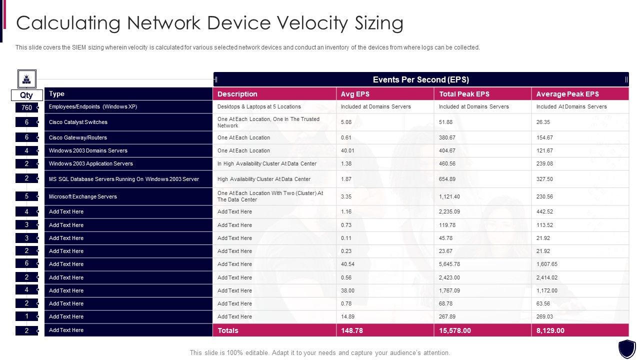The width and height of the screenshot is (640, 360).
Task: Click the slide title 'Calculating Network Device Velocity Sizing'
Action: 210,23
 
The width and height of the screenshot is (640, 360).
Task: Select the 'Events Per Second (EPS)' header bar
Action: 420,79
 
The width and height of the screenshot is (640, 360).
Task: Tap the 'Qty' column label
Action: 26,95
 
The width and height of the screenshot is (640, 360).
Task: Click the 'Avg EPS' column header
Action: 355,94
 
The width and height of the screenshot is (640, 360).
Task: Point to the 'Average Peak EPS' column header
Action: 567,94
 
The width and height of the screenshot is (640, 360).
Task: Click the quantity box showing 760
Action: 26,107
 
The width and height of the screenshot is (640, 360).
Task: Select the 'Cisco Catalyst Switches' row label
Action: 78,122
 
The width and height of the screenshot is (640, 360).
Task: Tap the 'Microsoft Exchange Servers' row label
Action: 83,196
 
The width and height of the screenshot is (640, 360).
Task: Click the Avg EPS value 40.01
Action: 347,150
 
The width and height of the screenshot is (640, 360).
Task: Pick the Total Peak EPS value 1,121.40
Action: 449,196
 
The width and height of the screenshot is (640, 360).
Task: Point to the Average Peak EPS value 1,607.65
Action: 547,264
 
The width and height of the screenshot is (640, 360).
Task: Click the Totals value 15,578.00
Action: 455,330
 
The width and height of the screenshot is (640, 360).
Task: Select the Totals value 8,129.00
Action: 550,330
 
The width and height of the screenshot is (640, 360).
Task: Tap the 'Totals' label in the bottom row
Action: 228,330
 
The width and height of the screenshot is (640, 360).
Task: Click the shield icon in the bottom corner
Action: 627,348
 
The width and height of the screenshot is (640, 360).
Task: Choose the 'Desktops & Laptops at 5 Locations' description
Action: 259,106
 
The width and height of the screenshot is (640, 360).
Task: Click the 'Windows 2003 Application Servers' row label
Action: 91,163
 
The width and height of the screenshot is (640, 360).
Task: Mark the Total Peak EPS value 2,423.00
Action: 449,277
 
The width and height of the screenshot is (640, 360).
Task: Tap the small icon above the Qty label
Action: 26,79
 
